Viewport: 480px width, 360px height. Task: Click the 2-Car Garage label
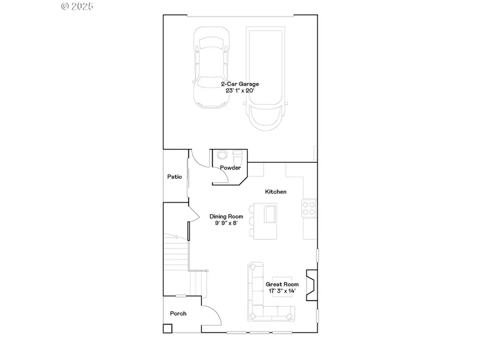(240, 84)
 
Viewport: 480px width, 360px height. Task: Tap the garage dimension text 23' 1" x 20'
(240, 90)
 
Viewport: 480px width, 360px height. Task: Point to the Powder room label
(230, 168)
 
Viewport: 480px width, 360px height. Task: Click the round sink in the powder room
(222, 156)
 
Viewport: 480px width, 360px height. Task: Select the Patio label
(174, 177)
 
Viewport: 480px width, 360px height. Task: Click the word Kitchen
(276, 191)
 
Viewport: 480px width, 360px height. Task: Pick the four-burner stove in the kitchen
(309, 207)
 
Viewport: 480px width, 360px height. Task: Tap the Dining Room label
(226, 217)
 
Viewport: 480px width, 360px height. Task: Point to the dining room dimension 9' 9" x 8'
(226, 223)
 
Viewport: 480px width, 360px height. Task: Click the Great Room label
(282, 284)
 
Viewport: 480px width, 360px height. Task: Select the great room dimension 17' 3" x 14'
(282, 291)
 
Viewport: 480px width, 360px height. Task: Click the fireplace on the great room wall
(311, 283)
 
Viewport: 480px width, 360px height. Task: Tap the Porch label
(178, 314)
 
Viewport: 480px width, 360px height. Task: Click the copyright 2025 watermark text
(77, 6)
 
